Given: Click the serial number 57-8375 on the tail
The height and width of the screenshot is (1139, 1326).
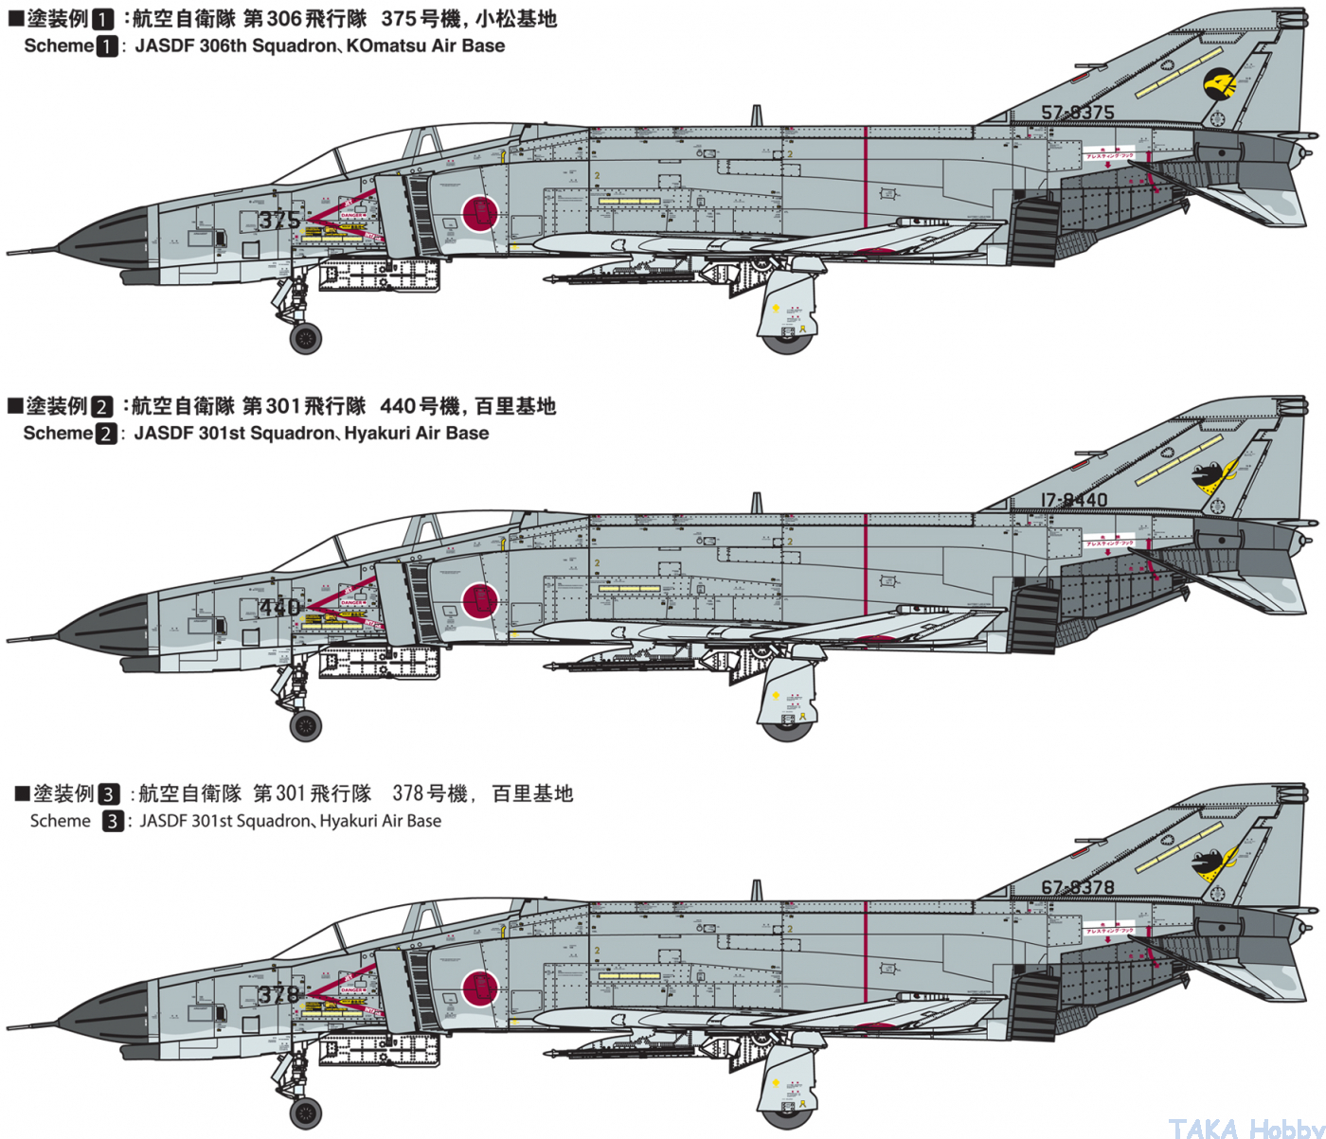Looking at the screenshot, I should pos(1077,113).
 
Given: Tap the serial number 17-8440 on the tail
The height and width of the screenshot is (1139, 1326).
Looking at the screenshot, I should pos(1073,500).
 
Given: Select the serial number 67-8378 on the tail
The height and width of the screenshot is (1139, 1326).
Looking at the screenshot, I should pos(1077,888).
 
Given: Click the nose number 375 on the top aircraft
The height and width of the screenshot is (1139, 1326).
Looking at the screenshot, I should pos(279,220).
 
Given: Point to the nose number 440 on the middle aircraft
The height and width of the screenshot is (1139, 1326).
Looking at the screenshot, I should pos(280,607).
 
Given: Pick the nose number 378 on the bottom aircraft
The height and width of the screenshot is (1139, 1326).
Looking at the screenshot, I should pos(279,994).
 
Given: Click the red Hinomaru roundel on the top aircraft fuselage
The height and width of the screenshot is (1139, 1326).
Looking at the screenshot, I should pos(480,213).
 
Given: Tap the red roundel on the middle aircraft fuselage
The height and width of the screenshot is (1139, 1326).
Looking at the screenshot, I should pos(480,600).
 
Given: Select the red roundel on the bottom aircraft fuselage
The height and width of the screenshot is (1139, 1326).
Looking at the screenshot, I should pos(480,988).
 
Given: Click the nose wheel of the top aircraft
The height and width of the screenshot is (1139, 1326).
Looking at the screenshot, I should pos(306,338).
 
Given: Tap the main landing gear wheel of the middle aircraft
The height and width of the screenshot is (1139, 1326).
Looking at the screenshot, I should pos(786,727).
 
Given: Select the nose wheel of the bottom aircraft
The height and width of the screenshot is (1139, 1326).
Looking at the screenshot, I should pos(306,1113).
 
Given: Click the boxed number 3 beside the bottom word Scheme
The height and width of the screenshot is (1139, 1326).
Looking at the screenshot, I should pos(113,821).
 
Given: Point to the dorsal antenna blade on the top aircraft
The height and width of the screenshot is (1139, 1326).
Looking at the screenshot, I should pos(757,116).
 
